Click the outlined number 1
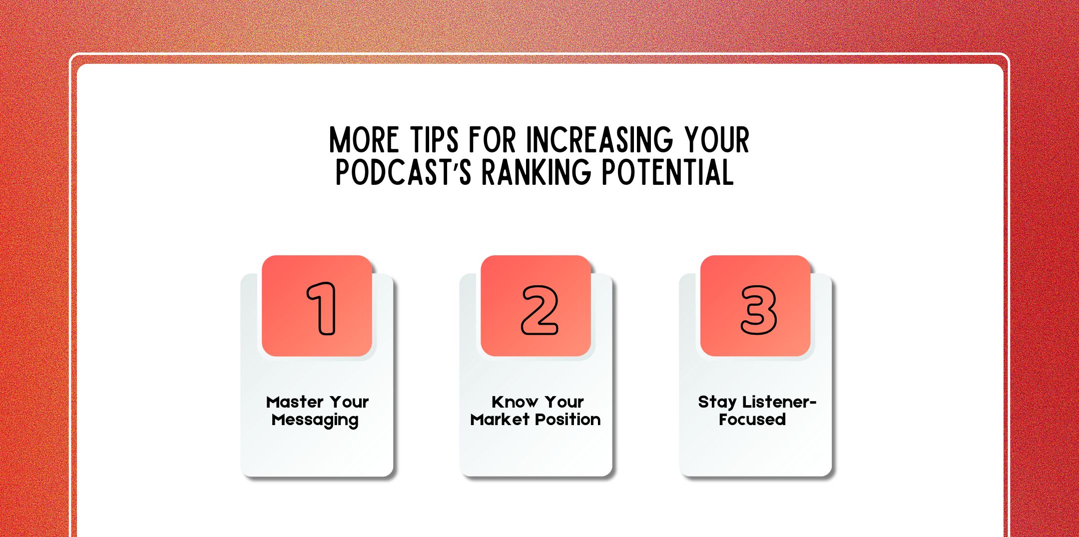pos(321,308)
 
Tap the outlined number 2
pos(539,310)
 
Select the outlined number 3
pos(758,310)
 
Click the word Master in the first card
pos(295,402)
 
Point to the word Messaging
pos(315,420)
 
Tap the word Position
pos(568,420)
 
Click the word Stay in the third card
pos(717,402)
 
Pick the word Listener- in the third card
pos(779,402)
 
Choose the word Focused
pos(752,420)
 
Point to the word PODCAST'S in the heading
pos(403,173)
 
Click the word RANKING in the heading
pos(536,173)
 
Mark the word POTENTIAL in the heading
pos(667,173)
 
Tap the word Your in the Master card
pos(349,402)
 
